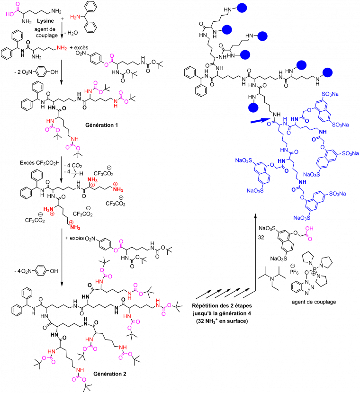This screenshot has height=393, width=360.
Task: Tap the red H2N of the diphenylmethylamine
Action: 75,17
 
